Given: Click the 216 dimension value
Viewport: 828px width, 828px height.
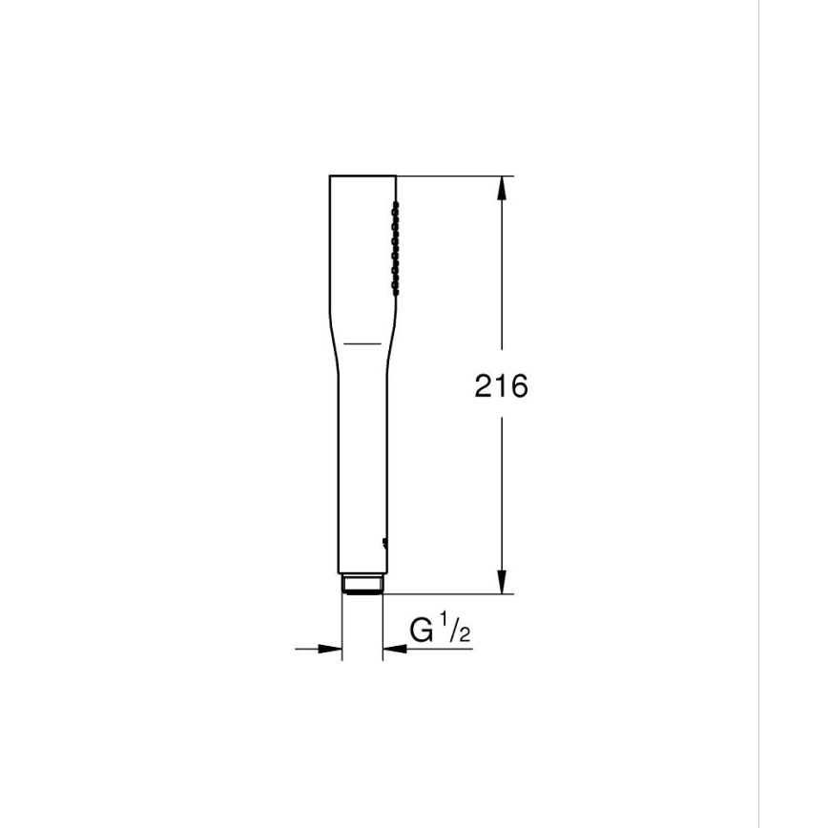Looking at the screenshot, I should point(501,386).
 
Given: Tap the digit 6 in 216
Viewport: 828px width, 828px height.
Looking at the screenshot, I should point(518,386).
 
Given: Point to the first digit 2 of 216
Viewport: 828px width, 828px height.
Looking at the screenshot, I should point(485,386).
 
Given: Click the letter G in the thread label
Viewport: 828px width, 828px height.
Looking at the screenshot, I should point(422,631).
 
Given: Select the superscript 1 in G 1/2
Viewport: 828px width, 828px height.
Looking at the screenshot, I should point(444,625).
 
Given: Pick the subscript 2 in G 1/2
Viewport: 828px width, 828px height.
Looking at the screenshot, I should point(465,635).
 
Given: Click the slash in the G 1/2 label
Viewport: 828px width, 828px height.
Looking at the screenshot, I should point(453,631).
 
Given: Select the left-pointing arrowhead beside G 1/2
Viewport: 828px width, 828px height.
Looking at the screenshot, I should point(392,650).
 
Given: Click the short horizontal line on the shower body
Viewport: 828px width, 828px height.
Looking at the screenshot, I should point(362,341).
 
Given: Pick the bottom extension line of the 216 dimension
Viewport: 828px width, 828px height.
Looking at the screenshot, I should point(448,593).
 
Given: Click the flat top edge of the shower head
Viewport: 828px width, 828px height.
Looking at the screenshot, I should point(362,176).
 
